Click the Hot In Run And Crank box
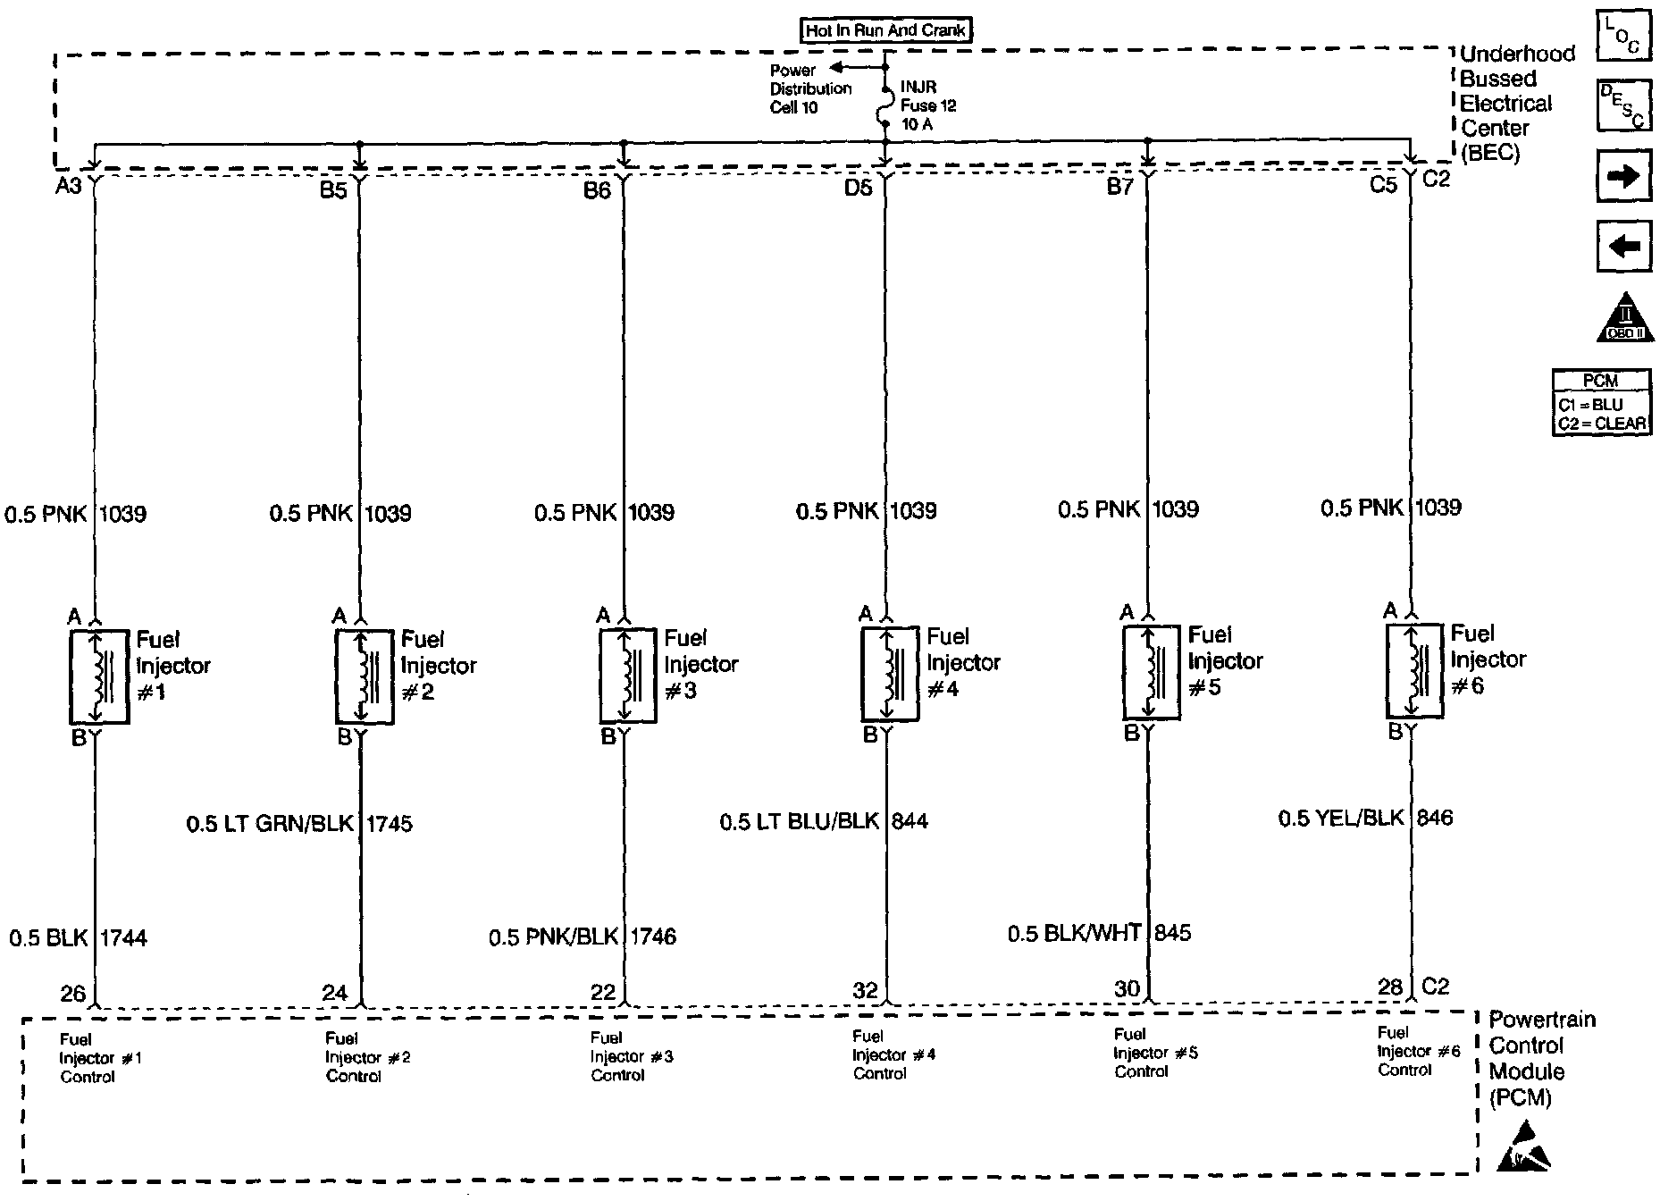885,30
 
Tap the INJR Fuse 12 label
927,105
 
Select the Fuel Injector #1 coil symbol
98,677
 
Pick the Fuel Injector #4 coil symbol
889,675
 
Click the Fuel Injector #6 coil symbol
1413,671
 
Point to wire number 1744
123,937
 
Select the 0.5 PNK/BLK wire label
553,936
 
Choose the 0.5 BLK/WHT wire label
1074,933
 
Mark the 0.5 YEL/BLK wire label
1341,818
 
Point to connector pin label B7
1119,186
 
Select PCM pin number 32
866,990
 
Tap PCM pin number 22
603,992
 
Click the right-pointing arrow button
1622,176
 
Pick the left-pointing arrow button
1622,246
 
